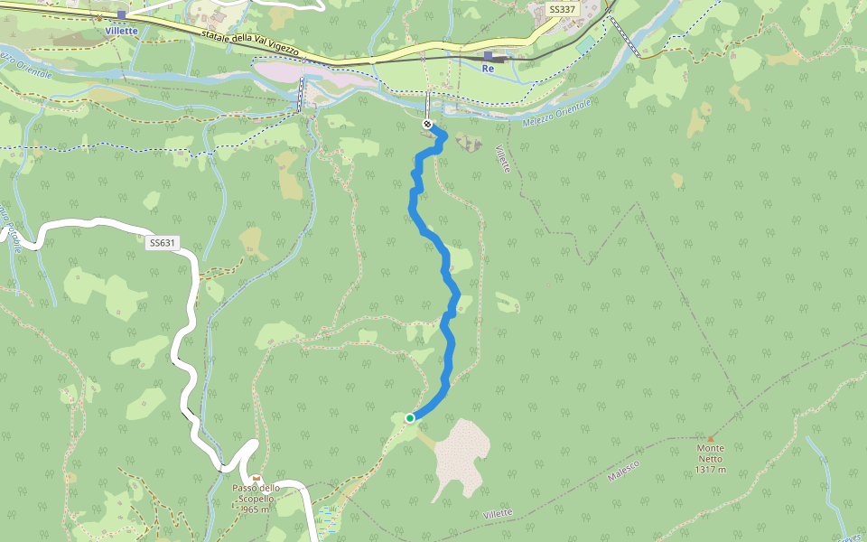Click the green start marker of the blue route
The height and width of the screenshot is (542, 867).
410,417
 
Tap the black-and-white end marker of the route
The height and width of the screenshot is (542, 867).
427,124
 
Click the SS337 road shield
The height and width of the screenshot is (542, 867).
561,10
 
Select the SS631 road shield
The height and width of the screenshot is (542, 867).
162,242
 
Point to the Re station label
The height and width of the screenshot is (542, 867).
489,69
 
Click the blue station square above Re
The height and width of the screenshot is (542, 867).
488,56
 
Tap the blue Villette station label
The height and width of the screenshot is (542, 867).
121,30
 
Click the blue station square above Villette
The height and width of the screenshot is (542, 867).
121,15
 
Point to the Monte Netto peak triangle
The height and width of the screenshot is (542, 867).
711,439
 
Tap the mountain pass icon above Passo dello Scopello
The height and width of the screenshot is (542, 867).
256,478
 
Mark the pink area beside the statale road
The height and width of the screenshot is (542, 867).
307,73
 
